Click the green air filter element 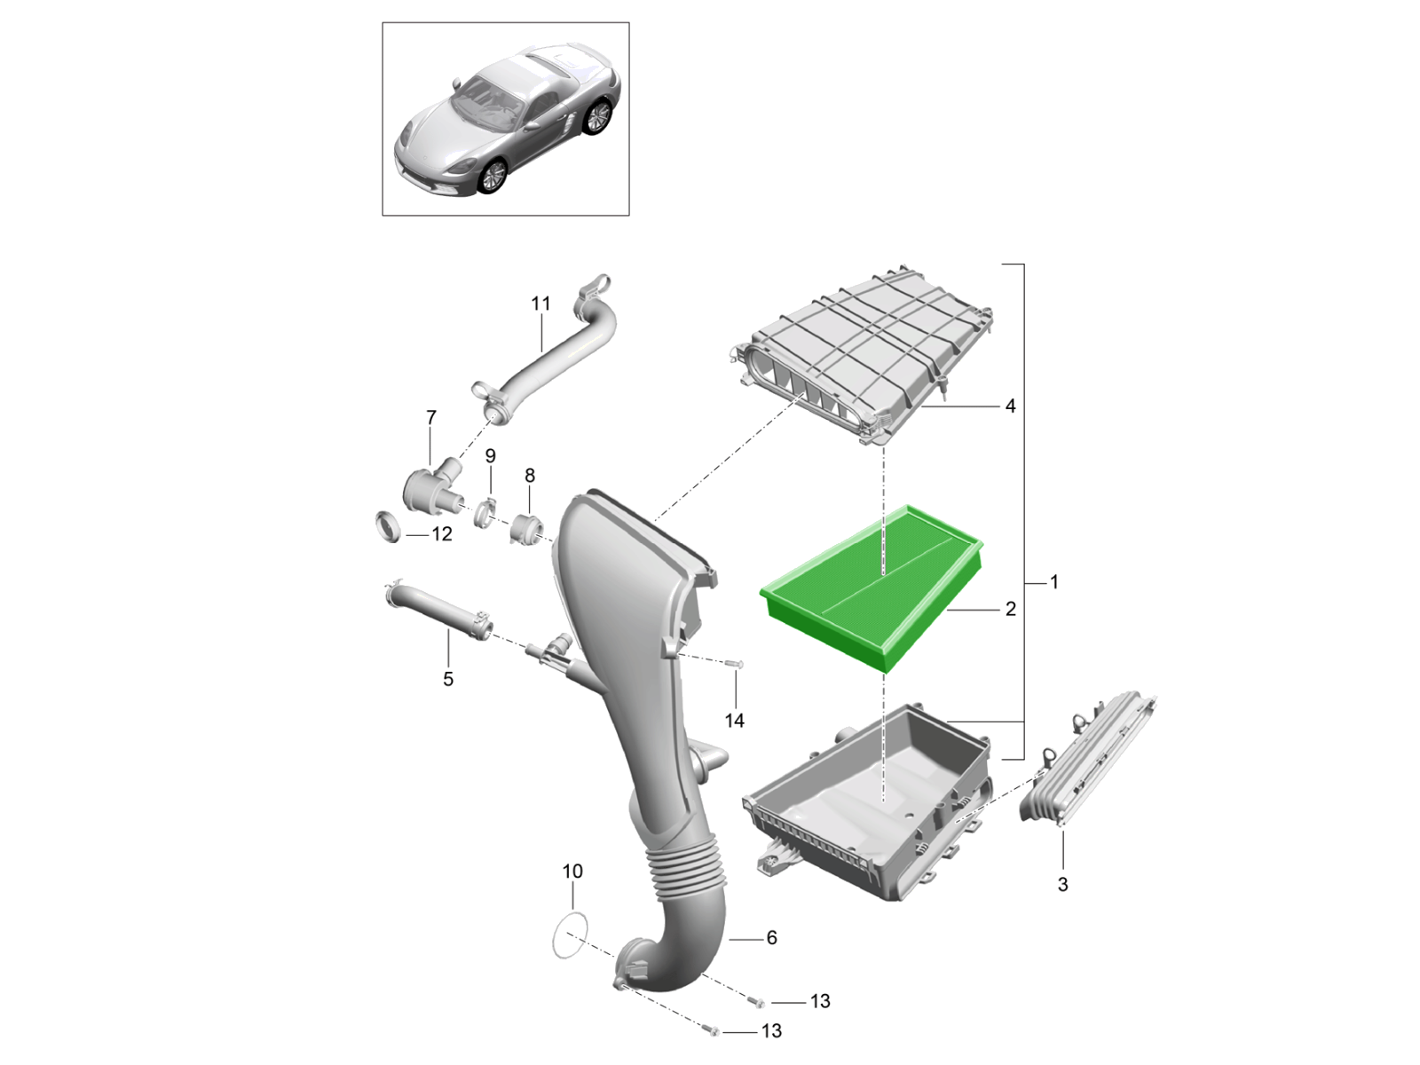(872, 588)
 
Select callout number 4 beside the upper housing (1010, 406)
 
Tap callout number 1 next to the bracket (1053, 582)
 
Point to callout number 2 (1011, 609)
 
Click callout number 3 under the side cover (1062, 885)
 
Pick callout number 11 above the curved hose (540, 304)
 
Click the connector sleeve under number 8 (527, 528)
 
